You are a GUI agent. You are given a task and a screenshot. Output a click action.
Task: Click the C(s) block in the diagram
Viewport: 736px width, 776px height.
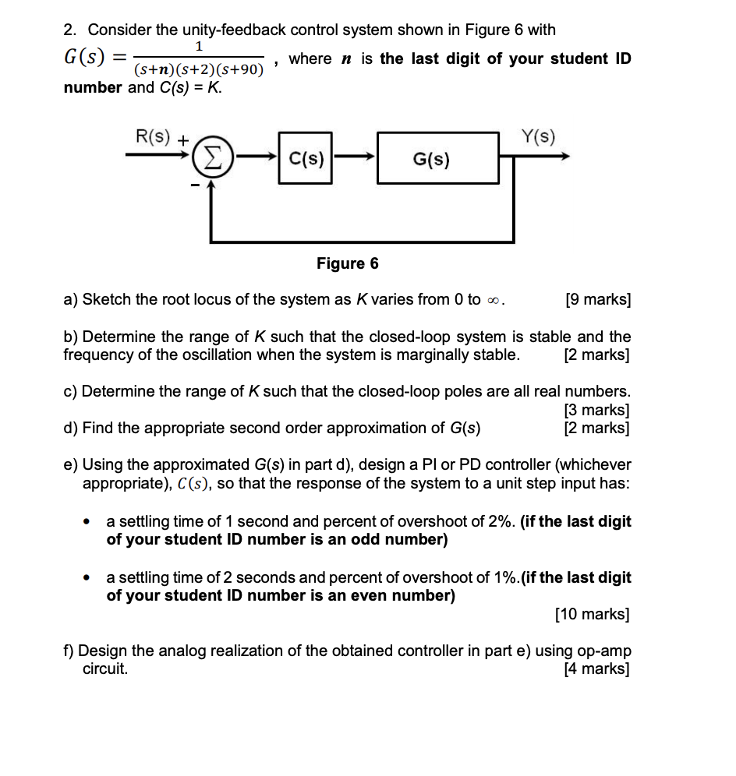click(305, 159)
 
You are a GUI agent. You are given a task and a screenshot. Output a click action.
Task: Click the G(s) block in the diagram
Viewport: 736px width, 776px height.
click(437, 159)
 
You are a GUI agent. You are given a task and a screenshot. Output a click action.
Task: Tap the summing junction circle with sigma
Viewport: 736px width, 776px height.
click(207, 159)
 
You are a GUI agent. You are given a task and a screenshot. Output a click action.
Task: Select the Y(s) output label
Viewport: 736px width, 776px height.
click(539, 137)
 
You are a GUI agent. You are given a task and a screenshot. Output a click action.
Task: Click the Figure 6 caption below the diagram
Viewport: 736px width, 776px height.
click(347, 263)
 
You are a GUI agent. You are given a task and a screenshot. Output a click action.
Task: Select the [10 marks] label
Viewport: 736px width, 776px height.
click(592, 615)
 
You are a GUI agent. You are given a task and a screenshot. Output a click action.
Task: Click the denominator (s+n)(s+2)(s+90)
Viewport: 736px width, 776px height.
click(198, 71)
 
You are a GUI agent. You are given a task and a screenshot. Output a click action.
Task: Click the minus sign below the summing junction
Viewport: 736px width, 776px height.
click(192, 185)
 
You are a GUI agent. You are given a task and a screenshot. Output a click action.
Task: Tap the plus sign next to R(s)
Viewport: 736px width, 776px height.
click(182, 141)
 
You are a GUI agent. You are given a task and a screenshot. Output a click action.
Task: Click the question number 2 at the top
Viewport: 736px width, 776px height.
click(70, 30)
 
